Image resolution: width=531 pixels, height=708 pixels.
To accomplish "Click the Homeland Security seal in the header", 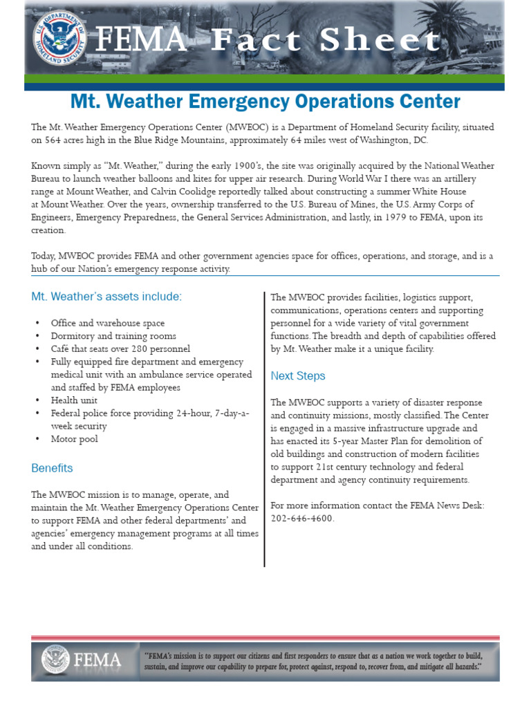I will tap(57, 37).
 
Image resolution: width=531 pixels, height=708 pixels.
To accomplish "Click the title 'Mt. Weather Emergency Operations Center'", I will tap(265, 102).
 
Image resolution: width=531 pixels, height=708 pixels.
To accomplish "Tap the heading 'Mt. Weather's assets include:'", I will tap(106, 297).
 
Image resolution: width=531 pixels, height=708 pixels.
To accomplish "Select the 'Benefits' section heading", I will tap(52, 468).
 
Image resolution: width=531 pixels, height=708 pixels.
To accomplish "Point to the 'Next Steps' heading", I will tap(298, 376).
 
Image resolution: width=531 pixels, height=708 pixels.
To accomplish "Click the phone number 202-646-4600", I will tap(302, 518).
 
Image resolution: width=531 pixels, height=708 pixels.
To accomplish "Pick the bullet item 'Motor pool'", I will tap(74, 439).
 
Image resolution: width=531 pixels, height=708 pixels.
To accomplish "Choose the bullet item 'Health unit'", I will tap(74, 400).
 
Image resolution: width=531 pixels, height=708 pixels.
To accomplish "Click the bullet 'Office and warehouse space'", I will tap(107, 323).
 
